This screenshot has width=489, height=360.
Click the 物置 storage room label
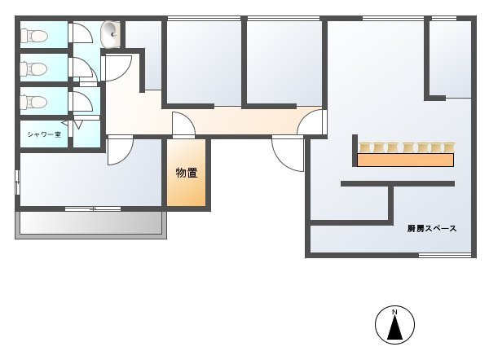pyautogui.click(x=187, y=173)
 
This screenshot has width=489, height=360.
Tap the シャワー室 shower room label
pyautogui.click(x=44, y=134)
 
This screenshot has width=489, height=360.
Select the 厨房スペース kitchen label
pyautogui.click(x=432, y=229)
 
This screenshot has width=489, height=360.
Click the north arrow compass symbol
pyautogui.click(x=394, y=325)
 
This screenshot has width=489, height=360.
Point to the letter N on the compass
pyautogui.click(x=394, y=312)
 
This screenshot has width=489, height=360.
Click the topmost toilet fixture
pyautogui.click(x=34, y=36)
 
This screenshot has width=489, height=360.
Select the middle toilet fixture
pyautogui.click(x=34, y=68)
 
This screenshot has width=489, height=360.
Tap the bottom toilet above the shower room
pyautogui.click(x=34, y=102)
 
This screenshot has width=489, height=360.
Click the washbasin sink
pyautogui.click(x=110, y=34)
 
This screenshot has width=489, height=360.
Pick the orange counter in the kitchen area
pyautogui.click(x=405, y=160)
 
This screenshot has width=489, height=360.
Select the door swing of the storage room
pyautogui.click(x=183, y=125)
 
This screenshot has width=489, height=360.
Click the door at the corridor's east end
pyautogui.click(x=311, y=122)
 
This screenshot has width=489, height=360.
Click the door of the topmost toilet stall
pyautogui.click(x=82, y=33)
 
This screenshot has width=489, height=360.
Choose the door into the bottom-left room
pyautogui.click(x=120, y=151)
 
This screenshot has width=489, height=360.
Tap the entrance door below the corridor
pyautogui.click(x=288, y=154)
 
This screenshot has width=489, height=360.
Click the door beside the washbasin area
pyautogui.click(x=117, y=68)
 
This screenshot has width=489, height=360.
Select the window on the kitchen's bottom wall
pyautogui.click(x=445, y=255)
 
